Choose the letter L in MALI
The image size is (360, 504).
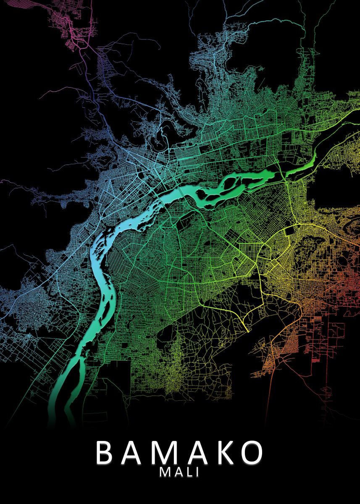[187, 472]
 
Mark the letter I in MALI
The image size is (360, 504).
[196, 472]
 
